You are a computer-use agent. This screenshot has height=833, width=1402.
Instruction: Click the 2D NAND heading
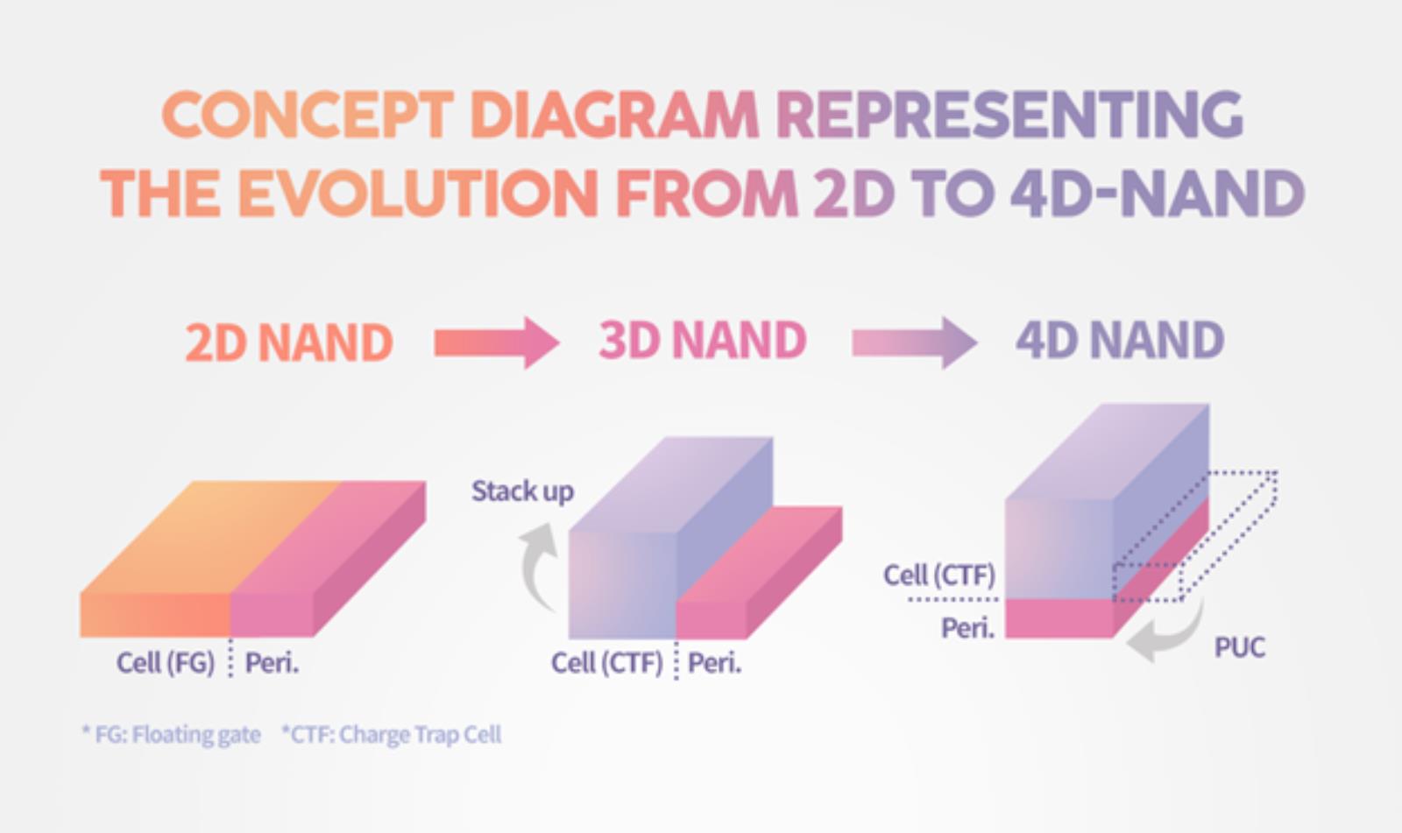pos(289,342)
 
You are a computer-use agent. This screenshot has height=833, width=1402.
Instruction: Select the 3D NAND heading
pos(703,341)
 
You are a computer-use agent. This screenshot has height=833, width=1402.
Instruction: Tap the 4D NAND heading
pos(1120,341)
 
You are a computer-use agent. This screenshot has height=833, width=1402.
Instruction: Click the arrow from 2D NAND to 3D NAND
pos(497,342)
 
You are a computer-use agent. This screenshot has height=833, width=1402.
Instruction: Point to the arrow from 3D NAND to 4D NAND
pos(915,342)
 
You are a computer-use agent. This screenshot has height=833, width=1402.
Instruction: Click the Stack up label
pos(522,491)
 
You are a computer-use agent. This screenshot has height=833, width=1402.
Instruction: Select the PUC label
pos(1240,647)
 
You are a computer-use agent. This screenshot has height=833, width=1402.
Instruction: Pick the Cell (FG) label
pos(166,663)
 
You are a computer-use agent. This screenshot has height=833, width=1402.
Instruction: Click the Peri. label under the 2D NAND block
pos(272,663)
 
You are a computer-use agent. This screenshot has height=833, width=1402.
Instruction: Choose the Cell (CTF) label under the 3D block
pos(607,663)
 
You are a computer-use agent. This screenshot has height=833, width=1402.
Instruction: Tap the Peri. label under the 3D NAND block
pos(715,663)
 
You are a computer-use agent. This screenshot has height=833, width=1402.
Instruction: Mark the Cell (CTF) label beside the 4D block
pos(939,575)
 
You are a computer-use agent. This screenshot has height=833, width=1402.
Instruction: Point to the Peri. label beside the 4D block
pos(968,628)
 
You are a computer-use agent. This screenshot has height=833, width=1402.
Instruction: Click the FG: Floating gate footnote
pos(171,734)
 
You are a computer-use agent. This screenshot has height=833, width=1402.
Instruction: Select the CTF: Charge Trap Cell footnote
pos(391,734)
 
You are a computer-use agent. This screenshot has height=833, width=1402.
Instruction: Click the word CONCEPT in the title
pos(308,115)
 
